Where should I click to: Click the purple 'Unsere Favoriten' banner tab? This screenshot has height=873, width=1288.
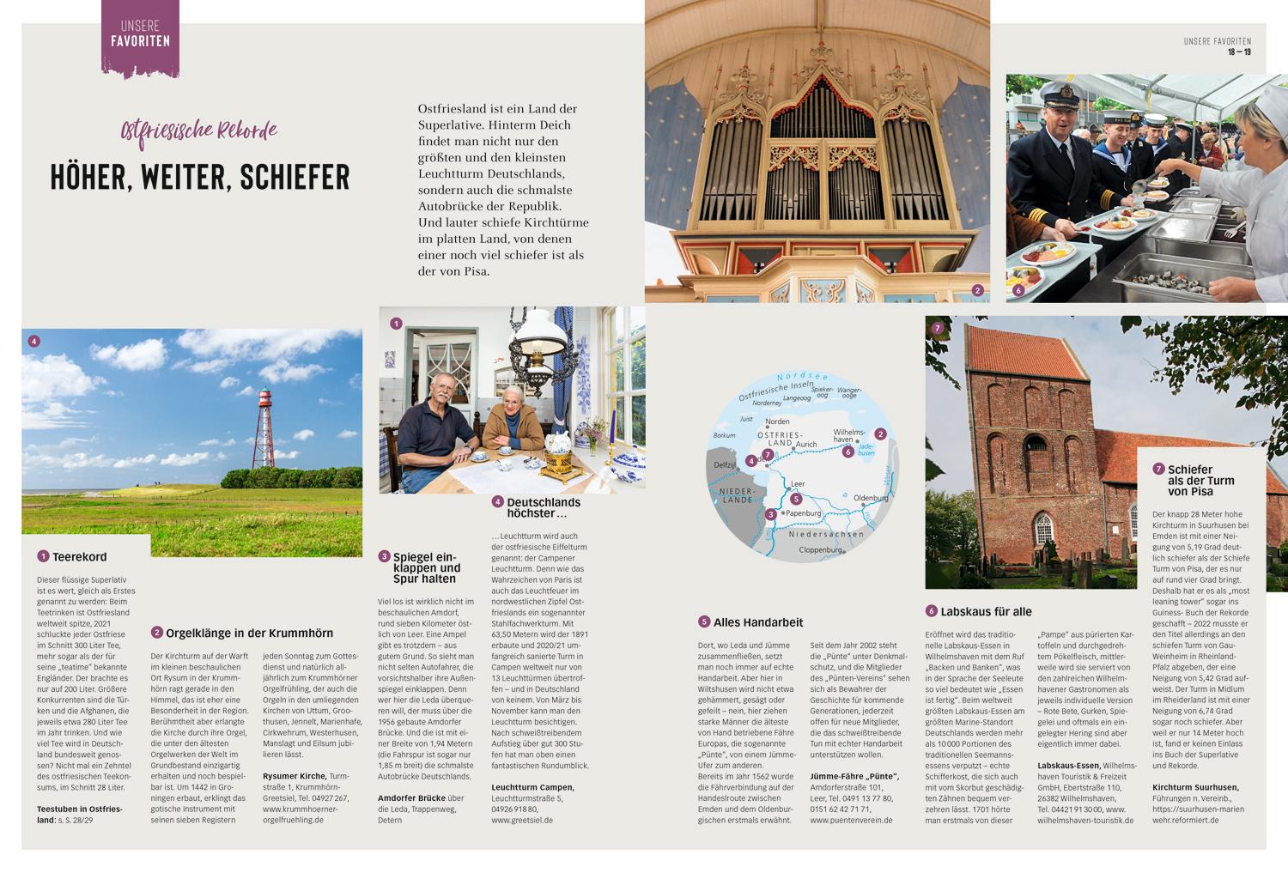[140, 36]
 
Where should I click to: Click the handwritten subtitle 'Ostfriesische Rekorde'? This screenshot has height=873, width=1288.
[199, 130]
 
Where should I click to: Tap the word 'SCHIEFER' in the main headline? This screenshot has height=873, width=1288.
[295, 177]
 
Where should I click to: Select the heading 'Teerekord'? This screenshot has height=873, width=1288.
[79, 557]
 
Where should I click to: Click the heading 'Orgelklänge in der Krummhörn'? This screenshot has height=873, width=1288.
[249, 634]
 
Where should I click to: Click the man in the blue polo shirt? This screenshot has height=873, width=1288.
[434, 429]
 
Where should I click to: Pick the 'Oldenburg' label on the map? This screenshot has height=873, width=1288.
[870, 499]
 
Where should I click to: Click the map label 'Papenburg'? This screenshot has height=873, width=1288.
[804, 513]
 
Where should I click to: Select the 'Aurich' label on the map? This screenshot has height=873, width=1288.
[806, 445]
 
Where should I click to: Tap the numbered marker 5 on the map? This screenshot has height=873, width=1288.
[796, 499]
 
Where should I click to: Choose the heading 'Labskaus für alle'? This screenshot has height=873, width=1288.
[986, 612]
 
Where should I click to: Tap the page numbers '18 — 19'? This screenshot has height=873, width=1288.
[1238, 52]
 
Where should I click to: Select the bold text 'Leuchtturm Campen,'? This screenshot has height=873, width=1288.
[532, 787]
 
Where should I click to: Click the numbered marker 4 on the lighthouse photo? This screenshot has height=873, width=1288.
[33, 341]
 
